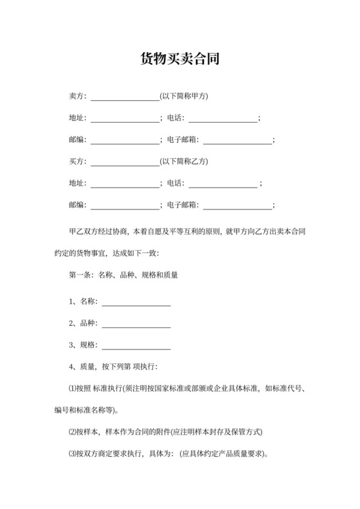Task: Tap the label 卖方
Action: tap(76, 97)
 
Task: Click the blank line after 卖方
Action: tap(125, 98)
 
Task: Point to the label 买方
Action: tap(76, 161)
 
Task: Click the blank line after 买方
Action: tap(125, 163)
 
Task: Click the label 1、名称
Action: tap(82, 301)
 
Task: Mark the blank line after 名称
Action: tap(136, 303)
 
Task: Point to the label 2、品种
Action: tap(82, 323)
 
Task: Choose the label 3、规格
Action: tap(82, 345)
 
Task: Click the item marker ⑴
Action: tap(71, 388)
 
